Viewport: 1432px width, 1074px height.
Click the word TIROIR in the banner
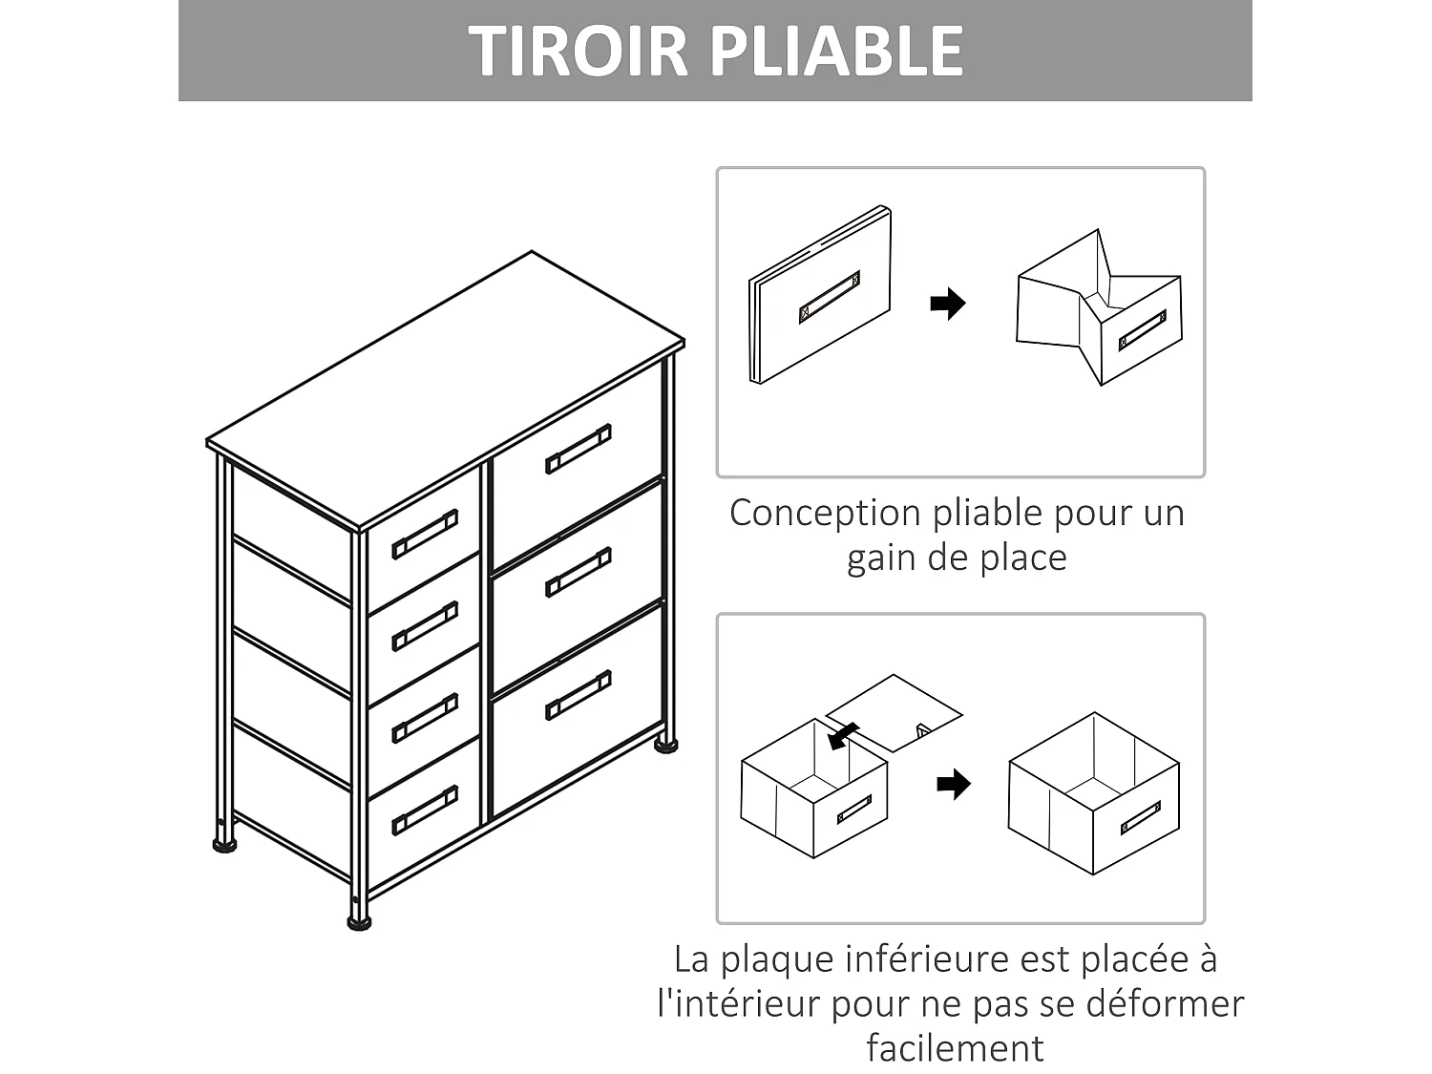pos(579,51)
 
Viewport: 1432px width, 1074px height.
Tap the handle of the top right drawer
pos(578,449)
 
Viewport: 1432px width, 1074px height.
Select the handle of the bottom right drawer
pos(578,695)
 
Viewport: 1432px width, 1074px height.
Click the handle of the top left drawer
pos(425,535)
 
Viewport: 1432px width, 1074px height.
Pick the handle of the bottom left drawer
pos(425,810)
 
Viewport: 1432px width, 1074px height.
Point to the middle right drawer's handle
pos(578,572)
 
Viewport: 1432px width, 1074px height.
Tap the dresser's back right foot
pos(665,744)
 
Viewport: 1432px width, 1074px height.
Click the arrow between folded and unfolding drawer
pos(947,305)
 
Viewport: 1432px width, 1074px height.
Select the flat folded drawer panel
pos(820,296)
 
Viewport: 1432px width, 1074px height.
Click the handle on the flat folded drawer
pos(829,296)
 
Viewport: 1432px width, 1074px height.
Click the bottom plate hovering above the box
pos(894,712)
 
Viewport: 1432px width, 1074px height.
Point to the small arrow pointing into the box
pos(841,735)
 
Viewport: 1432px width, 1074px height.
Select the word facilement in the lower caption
pos(955,1048)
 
